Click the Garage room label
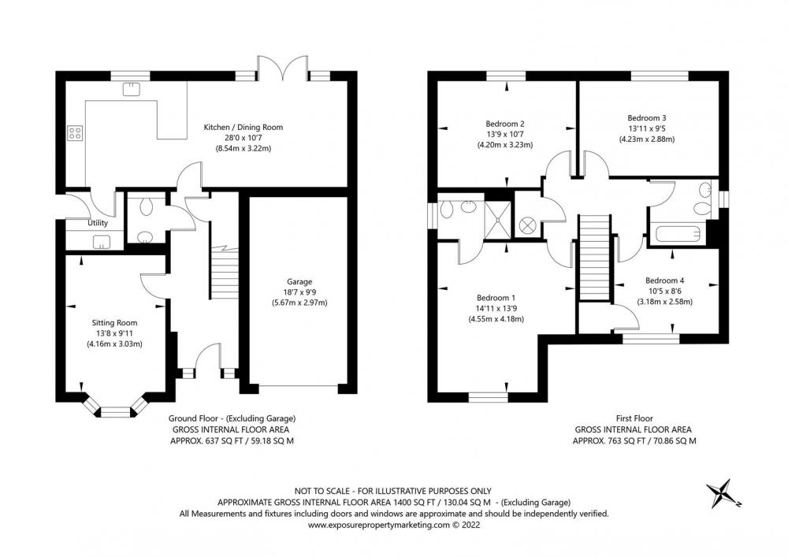tap(299, 282)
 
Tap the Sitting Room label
tap(114, 323)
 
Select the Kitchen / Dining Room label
tap(243, 127)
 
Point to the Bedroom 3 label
tap(647, 118)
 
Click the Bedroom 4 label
tap(665, 280)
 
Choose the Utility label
tap(98, 223)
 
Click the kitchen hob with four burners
tap(75, 133)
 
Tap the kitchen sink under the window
tap(132, 89)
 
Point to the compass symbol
tap(722, 494)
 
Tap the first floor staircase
tap(594, 257)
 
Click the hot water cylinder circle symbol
tap(528, 224)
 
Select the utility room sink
tap(101, 242)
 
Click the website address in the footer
tap(394, 525)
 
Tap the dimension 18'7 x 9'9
tap(299, 291)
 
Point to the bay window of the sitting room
tap(116, 408)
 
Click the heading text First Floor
tap(634, 418)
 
